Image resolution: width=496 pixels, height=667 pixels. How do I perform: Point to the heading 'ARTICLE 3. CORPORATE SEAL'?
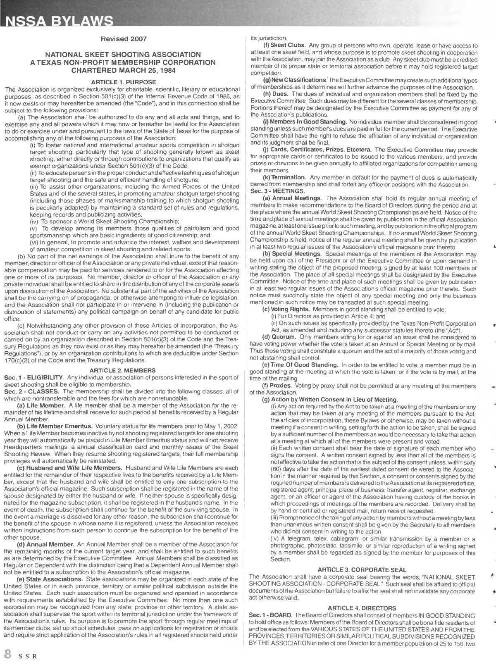(362, 570)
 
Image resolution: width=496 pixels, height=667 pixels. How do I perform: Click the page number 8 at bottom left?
(7, 654)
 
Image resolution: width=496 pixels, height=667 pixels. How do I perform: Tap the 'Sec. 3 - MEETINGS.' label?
(277, 191)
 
